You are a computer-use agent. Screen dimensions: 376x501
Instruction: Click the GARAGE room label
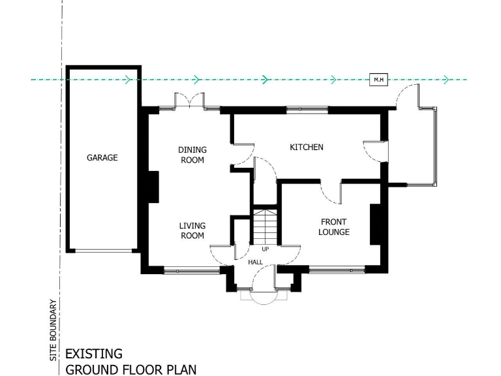point(102,158)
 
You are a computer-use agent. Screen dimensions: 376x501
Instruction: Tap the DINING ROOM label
point(192,155)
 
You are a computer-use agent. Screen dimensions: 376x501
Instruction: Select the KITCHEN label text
point(306,148)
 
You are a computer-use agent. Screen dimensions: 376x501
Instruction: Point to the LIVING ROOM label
point(192,231)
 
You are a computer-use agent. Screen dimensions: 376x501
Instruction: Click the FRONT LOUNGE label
point(334,227)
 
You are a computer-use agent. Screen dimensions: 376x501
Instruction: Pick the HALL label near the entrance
point(256,262)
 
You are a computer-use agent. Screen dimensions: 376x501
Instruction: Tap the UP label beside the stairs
point(265,249)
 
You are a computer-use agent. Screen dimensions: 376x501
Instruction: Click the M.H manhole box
point(378,80)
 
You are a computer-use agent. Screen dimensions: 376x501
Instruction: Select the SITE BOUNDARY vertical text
point(53,330)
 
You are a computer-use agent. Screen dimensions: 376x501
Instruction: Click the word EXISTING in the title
point(94,354)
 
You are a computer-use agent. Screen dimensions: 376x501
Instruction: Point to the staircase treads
point(265,226)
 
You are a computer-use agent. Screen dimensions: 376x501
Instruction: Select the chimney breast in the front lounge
point(376,225)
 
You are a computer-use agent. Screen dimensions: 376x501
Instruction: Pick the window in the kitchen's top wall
point(307,109)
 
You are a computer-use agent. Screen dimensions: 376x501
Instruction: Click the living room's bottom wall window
point(191,270)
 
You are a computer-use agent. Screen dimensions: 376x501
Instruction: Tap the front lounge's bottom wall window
point(337,268)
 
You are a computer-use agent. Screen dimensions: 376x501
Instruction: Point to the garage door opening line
point(102,251)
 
